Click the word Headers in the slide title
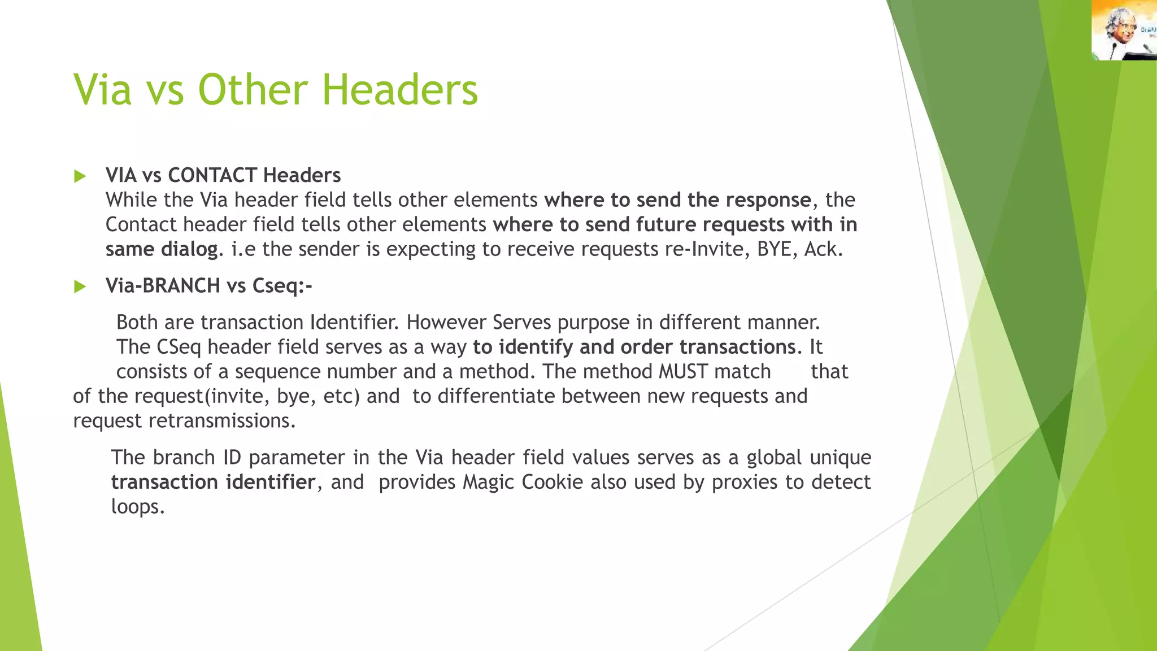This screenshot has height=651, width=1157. coord(399,90)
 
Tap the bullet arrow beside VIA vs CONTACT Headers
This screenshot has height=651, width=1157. coord(80,176)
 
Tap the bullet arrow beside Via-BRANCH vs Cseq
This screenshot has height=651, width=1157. coord(80,287)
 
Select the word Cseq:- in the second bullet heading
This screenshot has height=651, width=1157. coord(282,286)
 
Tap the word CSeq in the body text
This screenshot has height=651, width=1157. coord(179,347)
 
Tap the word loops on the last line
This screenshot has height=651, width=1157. coord(137,506)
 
